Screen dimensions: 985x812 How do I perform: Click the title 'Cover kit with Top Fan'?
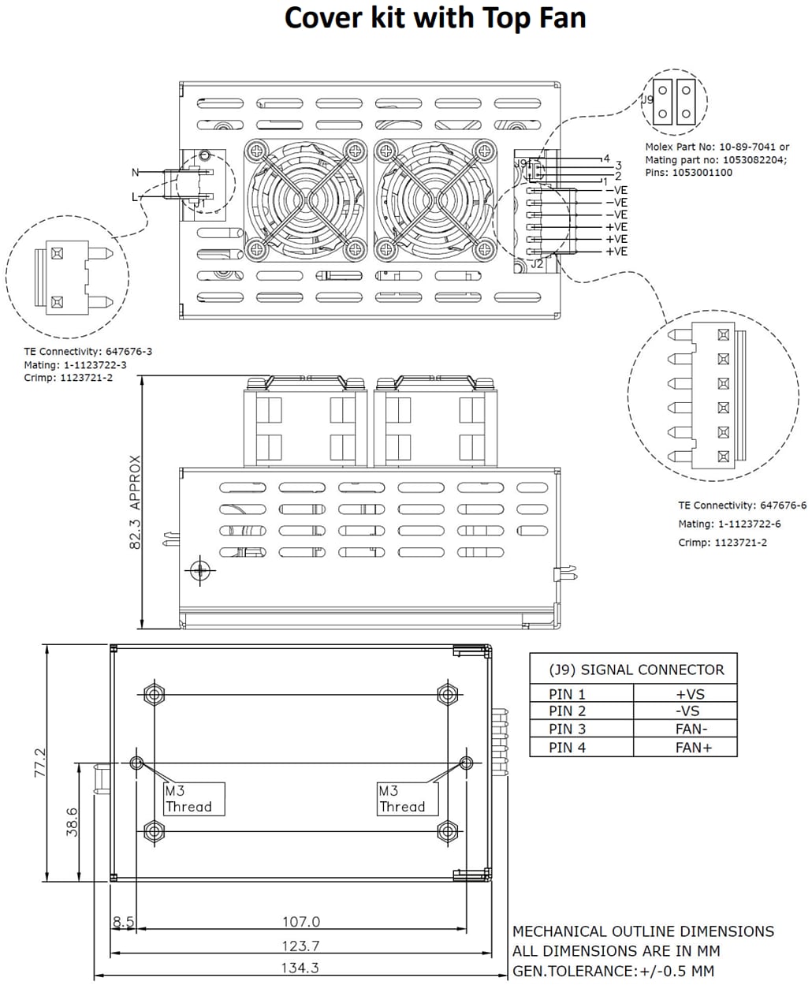point(434,17)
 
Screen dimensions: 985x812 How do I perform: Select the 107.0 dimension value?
point(301,921)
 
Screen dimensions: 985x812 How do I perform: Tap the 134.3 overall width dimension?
point(300,968)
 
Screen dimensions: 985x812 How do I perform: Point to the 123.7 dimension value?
point(300,946)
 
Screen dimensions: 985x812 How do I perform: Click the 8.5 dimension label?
point(123,921)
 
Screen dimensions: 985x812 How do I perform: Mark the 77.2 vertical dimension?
point(40,763)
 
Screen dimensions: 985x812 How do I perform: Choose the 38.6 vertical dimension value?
point(72,822)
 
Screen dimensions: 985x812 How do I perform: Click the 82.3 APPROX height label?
point(135,502)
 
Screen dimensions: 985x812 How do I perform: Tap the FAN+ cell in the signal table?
point(693,747)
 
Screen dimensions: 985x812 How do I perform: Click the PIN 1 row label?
point(568,694)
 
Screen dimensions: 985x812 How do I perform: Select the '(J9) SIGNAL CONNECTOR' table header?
point(635,670)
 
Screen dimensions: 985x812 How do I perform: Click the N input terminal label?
point(135,173)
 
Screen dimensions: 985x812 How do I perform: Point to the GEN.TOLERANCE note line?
point(613,971)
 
